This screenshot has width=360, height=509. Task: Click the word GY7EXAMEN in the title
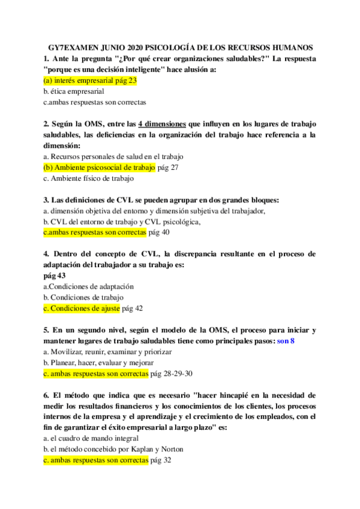pos(73,47)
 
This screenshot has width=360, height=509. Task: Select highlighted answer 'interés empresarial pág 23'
pos(91,80)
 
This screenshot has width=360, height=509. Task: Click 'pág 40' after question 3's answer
pos(159,232)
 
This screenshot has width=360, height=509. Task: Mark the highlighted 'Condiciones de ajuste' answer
pos(81,308)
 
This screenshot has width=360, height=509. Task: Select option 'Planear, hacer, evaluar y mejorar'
pos(98,363)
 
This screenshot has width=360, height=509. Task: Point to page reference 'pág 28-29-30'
pos(171,373)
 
